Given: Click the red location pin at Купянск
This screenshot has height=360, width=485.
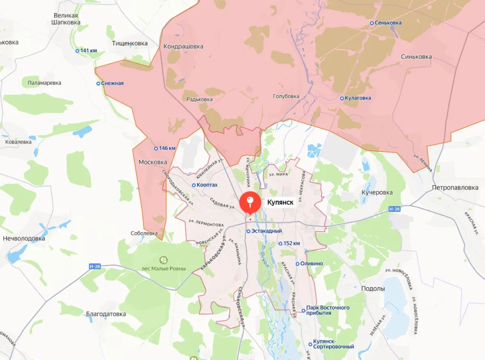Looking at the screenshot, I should click(x=250, y=203).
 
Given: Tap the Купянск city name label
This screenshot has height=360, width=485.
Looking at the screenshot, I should click(x=280, y=202).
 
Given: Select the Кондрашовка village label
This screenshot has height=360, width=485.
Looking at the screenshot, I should click(x=183, y=46).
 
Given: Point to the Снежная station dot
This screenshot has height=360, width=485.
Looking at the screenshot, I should click(x=99, y=83).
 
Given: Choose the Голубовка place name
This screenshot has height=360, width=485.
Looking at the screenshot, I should click(x=286, y=96).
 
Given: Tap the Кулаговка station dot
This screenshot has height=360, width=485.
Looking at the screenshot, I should click(x=342, y=98).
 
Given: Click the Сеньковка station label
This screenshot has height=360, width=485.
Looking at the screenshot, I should click(x=388, y=23).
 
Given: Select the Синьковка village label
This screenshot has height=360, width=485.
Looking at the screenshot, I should click(x=416, y=56).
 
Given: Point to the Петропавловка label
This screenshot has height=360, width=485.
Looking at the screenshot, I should click(x=455, y=188).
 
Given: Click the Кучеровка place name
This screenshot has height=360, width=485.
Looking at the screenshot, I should click(x=377, y=193).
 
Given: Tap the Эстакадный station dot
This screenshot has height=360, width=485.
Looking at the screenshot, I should click(x=248, y=231).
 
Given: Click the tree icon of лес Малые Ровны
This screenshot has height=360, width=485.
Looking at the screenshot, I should click(x=164, y=260).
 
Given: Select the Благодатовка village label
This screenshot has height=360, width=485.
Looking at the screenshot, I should click(x=106, y=314).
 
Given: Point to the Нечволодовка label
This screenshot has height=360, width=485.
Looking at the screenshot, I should click(x=24, y=238).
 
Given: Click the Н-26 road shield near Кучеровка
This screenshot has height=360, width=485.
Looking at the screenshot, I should click(x=394, y=209).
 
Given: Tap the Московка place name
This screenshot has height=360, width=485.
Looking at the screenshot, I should click(x=153, y=162).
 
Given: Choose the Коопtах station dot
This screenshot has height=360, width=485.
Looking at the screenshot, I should click(x=194, y=185).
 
